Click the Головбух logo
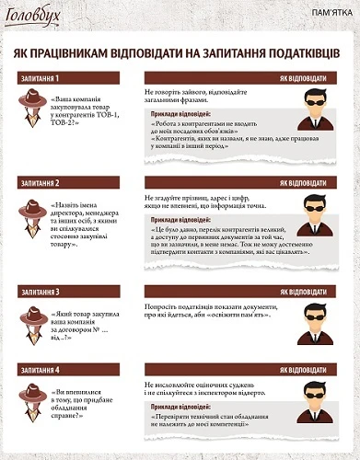coord(36,17)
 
